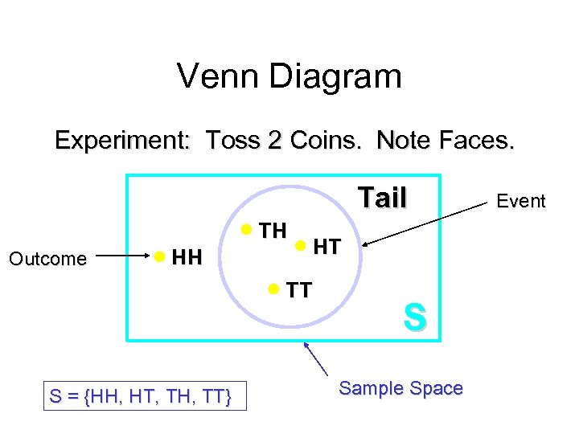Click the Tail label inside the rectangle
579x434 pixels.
pos(382,197)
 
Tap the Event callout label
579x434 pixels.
pos(521,201)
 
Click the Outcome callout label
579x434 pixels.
pos(47,259)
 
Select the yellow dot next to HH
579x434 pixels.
pos(160,257)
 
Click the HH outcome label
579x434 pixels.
pos(187,258)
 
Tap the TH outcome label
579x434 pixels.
pos(273,231)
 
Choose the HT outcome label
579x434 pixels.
pos(326,248)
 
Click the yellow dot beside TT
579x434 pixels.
pos(274,288)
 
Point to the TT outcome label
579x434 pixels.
pos(299,290)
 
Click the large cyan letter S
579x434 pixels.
pos(414,317)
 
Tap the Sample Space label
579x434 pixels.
pos(400,388)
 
